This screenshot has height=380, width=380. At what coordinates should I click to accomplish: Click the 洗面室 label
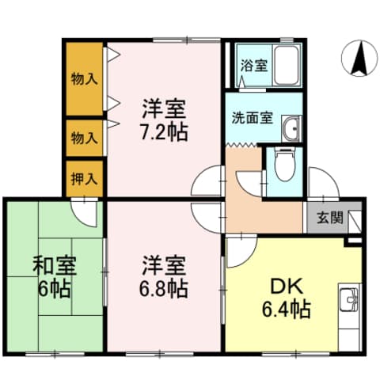tap(252, 119)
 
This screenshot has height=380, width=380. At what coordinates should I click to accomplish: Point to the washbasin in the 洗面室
tap(292, 127)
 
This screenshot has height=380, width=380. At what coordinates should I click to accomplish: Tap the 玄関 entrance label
tap(330, 218)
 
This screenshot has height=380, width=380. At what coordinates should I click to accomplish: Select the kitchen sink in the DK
tap(349, 302)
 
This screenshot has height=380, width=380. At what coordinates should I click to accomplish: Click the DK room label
tap(282, 287)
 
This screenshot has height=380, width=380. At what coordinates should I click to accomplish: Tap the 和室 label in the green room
tap(53, 264)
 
